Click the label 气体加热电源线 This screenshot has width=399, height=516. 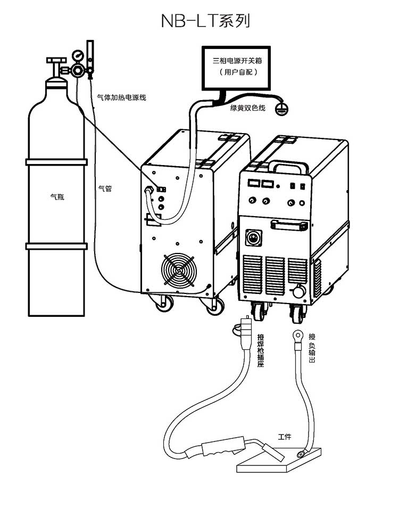click(121, 97)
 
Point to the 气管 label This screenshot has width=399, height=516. click(105, 188)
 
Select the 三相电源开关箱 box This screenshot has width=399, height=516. click(237, 67)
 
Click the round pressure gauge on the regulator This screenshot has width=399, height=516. click(78, 55)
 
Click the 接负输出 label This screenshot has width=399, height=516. click(312, 348)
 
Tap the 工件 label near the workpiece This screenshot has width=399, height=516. click(285, 437)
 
